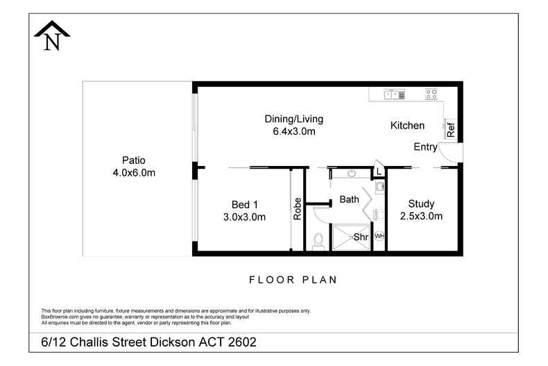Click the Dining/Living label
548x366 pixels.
293,119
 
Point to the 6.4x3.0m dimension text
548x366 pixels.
293,131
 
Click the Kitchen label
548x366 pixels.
407,126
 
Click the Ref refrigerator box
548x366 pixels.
450,128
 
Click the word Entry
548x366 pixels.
425,147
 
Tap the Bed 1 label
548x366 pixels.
244,204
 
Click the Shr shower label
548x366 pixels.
361,237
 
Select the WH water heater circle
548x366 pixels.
379,236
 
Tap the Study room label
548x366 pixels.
421,203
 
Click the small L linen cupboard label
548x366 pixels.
379,171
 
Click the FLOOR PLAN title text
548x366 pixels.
293,280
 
